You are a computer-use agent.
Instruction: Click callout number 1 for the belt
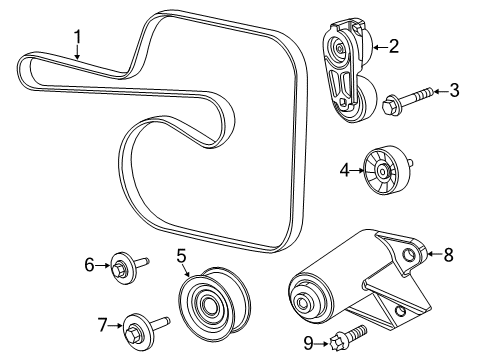(77, 39)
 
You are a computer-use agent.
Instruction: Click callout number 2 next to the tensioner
(393, 45)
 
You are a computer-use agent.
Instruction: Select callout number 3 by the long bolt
(454, 92)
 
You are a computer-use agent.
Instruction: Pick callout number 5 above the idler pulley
(182, 257)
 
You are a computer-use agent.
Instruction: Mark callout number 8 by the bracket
(448, 255)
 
